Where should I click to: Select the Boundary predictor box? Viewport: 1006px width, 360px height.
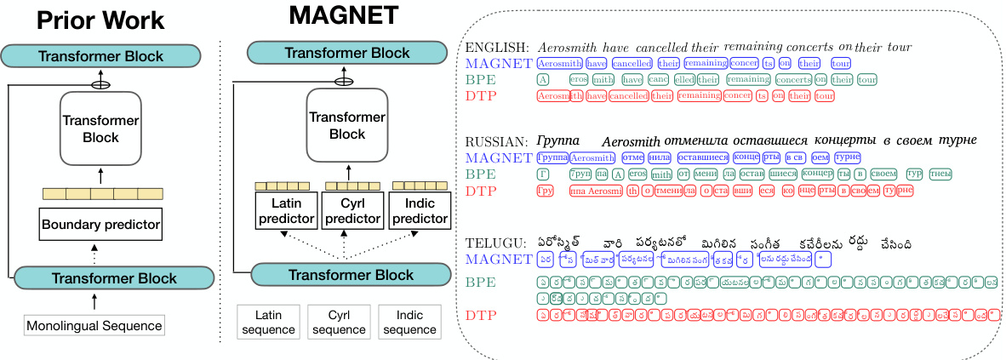tap(100, 226)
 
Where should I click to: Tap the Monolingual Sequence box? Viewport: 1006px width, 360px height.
tap(94, 325)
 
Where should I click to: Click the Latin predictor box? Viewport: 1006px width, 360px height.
tap(286, 212)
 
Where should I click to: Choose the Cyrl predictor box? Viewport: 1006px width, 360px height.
tap(352, 212)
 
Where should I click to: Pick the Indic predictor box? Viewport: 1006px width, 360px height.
tap(418, 212)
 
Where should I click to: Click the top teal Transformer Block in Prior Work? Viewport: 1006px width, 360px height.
tap(100, 56)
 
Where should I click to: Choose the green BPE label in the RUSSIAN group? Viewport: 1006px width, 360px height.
tap(480, 174)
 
